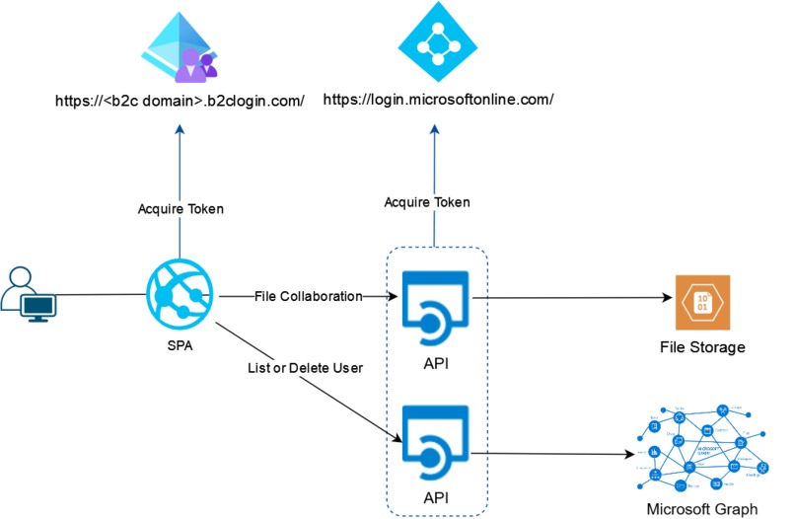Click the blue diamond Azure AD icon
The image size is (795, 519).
(x=435, y=40)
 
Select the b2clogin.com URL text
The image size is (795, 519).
(x=179, y=99)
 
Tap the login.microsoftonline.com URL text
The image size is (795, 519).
(x=438, y=99)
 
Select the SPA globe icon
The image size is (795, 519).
(x=179, y=293)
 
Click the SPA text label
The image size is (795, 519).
(x=180, y=348)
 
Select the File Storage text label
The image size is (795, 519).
(x=701, y=347)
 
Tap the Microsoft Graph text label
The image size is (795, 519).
(x=701, y=509)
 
